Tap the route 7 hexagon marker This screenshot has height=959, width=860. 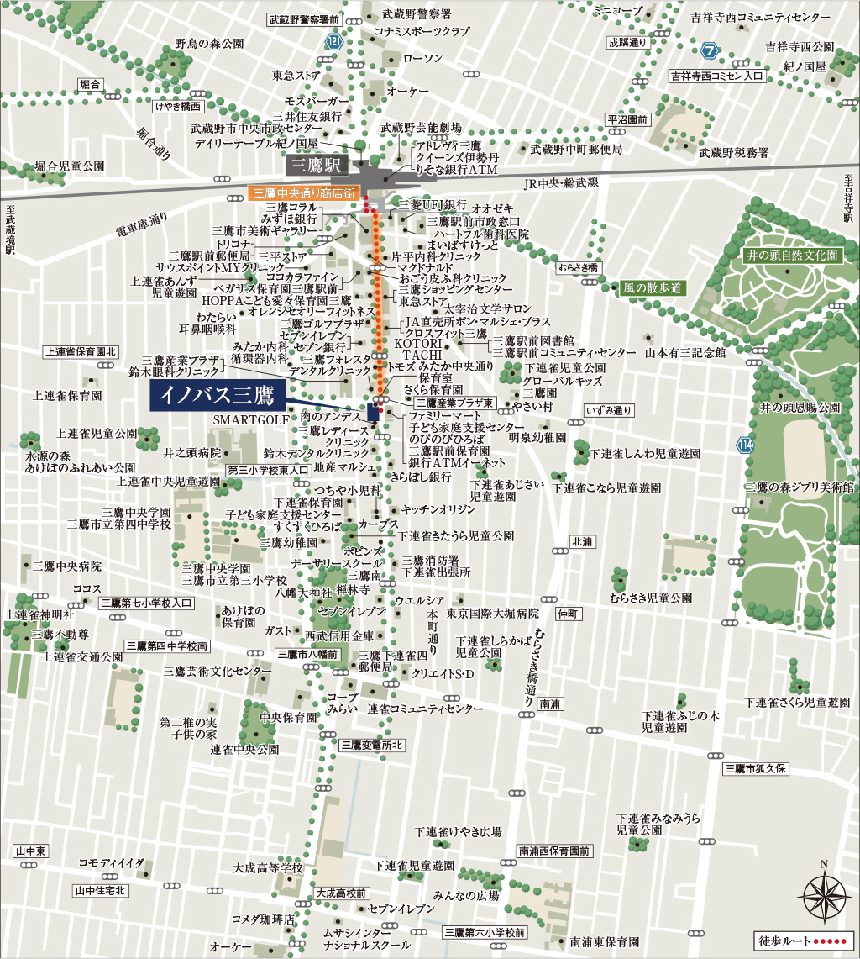coord(711,51)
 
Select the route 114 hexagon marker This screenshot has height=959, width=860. coord(745,445)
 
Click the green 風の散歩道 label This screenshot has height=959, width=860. coord(653,287)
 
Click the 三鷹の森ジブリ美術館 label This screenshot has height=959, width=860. coord(799,487)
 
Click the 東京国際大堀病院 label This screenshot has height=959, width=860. coord(492,614)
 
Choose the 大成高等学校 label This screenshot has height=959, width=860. coord(268,867)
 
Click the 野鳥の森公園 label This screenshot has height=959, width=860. coord(209,43)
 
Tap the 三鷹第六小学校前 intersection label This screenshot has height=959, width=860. coord(485,933)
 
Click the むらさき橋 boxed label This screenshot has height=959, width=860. coord(576,267)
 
